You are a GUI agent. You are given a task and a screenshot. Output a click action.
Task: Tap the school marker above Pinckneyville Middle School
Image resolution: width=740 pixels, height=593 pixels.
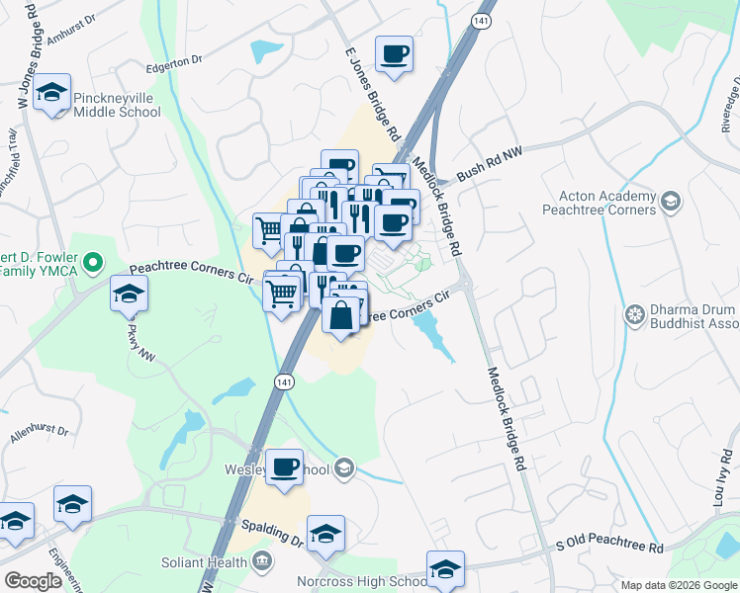click(x=51, y=94)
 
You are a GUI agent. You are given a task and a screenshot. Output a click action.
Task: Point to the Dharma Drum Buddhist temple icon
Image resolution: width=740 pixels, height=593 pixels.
click(x=634, y=316)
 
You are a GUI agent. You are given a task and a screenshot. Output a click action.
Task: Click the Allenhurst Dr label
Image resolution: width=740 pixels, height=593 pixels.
click(x=40, y=432)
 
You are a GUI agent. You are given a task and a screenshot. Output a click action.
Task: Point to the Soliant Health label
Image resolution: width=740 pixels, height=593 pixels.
click(x=205, y=562)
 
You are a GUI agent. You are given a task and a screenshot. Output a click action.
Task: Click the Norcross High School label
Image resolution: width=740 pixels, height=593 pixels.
click(x=364, y=581)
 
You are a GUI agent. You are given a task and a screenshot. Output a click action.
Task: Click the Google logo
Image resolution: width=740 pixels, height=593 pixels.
click(x=34, y=581)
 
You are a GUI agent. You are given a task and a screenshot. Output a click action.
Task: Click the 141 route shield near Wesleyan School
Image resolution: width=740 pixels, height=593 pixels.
click(x=284, y=381)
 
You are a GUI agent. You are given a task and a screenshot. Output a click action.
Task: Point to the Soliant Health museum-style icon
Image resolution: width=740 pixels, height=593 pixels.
click(x=262, y=562)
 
